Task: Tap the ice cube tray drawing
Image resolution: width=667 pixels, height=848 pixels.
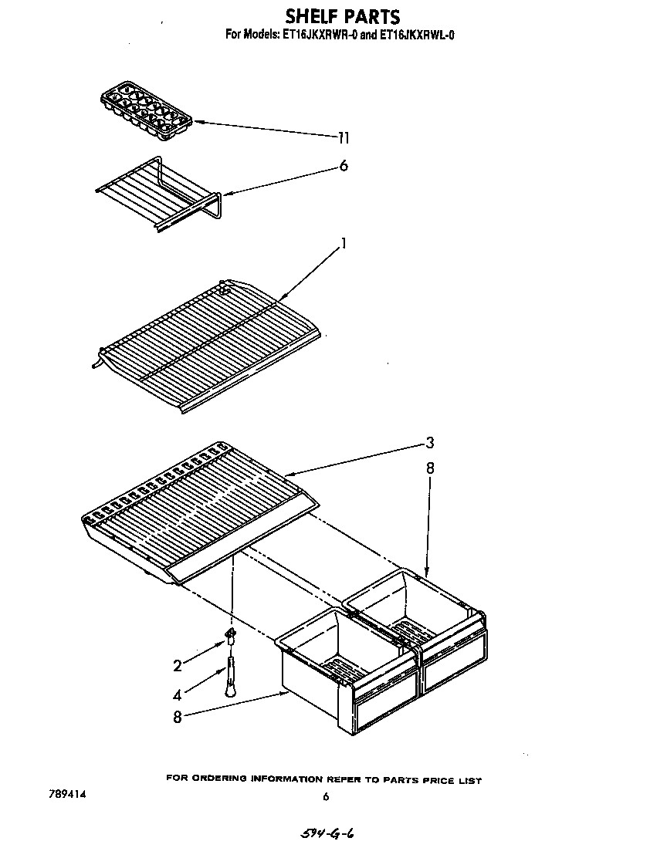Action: (x=146, y=115)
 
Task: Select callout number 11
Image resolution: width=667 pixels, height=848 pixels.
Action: (x=344, y=138)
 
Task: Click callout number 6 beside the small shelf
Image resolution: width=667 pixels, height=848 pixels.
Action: (x=343, y=166)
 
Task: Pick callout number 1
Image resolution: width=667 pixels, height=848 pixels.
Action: (x=343, y=244)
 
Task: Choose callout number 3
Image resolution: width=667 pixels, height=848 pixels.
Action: (x=430, y=443)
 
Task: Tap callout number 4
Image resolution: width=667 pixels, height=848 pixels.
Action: (x=178, y=694)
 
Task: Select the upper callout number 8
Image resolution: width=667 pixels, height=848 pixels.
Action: (x=430, y=468)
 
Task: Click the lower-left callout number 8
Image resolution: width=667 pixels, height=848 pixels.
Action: (x=178, y=717)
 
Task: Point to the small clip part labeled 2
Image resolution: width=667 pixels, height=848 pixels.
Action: (x=230, y=634)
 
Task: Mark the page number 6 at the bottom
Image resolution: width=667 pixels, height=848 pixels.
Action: (x=326, y=796)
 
